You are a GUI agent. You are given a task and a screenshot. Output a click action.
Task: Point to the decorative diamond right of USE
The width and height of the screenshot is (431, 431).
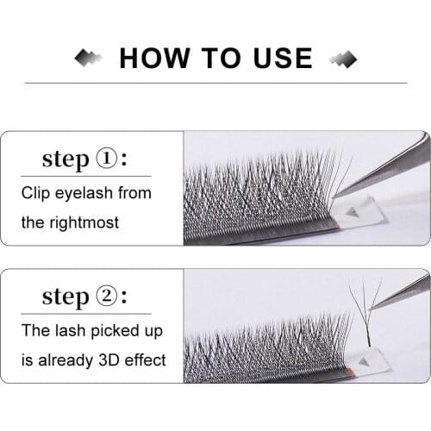point(343,58)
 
